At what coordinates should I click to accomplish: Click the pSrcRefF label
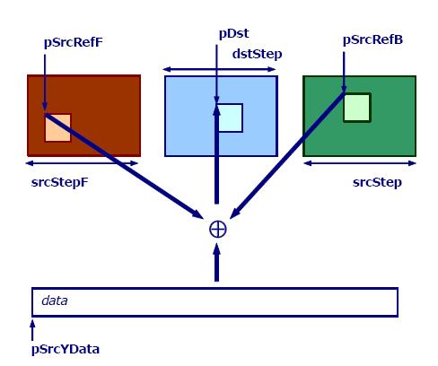74,42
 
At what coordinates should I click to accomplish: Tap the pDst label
233,33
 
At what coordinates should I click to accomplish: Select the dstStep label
257,54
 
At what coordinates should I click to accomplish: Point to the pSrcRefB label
372,39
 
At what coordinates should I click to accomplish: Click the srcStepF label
60,182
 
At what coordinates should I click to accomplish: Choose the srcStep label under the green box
377,182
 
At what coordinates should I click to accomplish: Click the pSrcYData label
66,349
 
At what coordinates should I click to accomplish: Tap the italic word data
55,301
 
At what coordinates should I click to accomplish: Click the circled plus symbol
218,230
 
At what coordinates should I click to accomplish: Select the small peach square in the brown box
57,127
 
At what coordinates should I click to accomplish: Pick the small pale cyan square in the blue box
230,118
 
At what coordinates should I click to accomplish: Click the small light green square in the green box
357,108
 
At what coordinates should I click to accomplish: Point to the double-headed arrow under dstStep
219,70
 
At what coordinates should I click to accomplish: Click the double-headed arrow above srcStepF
82,163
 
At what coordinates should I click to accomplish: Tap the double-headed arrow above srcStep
360,163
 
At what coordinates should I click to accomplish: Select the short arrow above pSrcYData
32,330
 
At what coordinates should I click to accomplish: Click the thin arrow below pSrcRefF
45,83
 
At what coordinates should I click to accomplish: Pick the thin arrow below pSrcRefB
344,72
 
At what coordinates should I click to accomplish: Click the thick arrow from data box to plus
217,263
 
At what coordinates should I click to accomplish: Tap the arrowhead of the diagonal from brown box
198,214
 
